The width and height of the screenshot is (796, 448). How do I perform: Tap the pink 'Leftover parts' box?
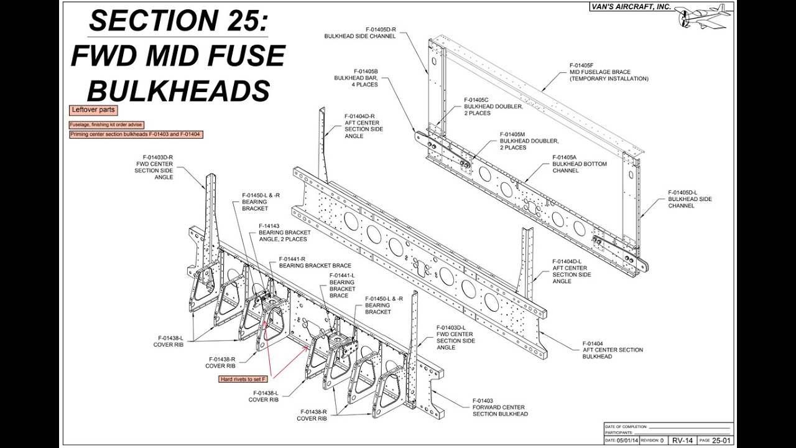coord(93,110)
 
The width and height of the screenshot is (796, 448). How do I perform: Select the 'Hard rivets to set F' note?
coord(243,379)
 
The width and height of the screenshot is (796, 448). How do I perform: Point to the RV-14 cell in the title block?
coord(682,440)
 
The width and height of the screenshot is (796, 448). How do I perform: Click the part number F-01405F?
coord(581,65)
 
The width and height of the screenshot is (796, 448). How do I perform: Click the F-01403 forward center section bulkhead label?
coord(500,407)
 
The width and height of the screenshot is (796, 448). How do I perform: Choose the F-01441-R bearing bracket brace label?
coord(315,262)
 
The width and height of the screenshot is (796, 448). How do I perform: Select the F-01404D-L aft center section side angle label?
coord(572,271)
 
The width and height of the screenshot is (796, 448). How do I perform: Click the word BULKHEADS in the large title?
coord(178,90)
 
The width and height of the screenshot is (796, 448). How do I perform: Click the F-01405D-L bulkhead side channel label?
coord(690,199)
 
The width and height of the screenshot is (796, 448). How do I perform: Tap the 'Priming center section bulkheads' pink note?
coord(136,134)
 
